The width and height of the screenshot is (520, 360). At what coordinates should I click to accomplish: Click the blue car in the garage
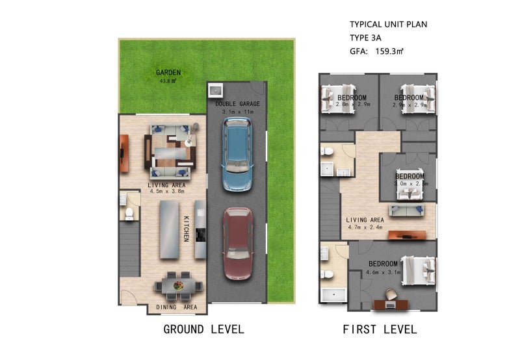[x=237, y=155]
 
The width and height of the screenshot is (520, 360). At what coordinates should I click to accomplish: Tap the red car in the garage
[x=238, y=244]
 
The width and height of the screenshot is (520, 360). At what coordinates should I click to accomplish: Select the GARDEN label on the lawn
[x=168, y=72]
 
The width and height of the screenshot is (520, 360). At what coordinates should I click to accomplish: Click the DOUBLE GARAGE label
[x=237, y=104]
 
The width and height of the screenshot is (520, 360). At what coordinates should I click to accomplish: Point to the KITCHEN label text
[x=187, y=229]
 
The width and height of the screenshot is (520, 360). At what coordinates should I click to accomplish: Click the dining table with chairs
[x=178, y=286]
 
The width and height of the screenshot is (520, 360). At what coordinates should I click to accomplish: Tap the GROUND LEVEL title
[x=203, y=329]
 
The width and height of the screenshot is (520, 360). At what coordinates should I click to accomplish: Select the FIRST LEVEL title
[x=380, y=329]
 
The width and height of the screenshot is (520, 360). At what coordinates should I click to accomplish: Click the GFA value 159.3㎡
[x=389, y=51]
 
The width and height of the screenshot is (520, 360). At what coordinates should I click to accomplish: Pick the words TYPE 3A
[x=365, y=38]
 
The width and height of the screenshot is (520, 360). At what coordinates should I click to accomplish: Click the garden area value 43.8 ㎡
[x=168, y=81]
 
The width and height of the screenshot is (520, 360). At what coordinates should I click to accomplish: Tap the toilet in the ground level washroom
[x=129, y=214]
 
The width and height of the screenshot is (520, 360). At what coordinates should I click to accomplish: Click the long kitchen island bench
[x=170, y=229]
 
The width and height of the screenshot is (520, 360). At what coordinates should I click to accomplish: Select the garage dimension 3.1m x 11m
[x=238, y=112]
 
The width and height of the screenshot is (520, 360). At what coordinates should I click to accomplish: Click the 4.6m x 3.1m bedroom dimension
[x=383, y=272]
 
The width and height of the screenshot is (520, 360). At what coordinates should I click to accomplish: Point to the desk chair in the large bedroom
[x=391, y=294]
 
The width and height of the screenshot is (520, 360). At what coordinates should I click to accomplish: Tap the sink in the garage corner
[x=216, y=90]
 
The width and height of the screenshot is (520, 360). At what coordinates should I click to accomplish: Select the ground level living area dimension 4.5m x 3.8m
[x=167, y=191]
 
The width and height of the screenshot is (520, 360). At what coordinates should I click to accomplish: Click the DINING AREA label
[x=176, y=307]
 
